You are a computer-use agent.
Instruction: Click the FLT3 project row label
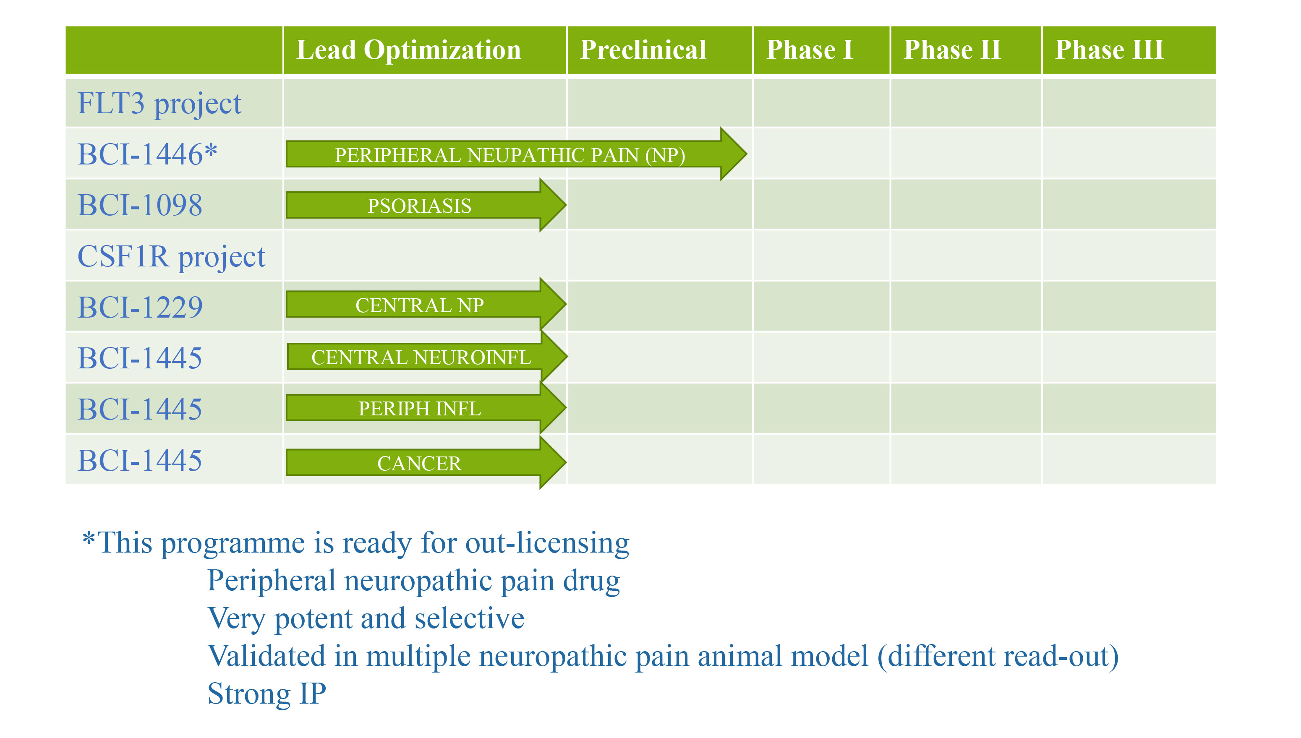[x=159, y=104]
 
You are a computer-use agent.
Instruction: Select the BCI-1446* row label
[x=147, y=154]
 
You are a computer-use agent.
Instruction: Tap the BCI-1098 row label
[x=140, y=205]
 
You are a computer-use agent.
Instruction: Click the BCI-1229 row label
[x=140, y=307]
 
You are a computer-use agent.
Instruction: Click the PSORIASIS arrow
[x=426, y=205]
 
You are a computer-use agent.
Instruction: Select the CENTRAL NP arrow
[x=426, y=305]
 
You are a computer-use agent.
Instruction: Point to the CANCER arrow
[x=426, y=463]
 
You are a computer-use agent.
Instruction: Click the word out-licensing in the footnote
[x=548, y=543]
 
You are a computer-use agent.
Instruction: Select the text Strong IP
[x=266, y=694]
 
